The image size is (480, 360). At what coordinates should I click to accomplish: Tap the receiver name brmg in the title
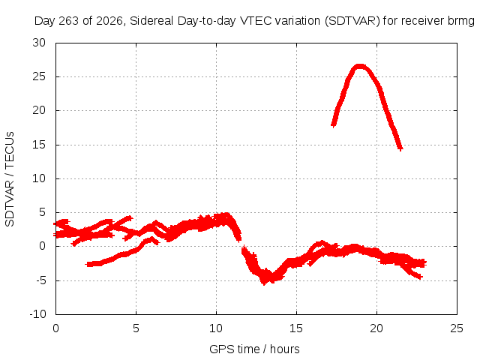point(461,22)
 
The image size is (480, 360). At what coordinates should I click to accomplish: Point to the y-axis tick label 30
point(39,43)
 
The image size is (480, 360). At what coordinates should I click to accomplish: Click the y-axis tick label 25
point(39,76)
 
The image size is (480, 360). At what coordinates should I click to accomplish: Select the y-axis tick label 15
point(39,145)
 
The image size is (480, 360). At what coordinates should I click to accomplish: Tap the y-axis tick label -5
point(40,280)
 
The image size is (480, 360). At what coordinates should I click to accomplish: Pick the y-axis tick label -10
point(37,314)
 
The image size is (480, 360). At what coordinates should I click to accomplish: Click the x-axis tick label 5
point(136,328)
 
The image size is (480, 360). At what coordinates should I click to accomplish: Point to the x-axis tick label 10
point(216,328)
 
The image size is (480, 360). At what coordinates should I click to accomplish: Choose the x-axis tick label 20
point(376,328)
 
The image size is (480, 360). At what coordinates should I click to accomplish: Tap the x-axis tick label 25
point(457,328)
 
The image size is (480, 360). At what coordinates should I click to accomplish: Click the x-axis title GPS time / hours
point(254,349)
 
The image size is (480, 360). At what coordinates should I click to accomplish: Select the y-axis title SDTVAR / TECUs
point(10,179)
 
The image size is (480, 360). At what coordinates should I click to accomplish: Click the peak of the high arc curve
point(360,66)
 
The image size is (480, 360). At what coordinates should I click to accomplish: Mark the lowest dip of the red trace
point(264,283)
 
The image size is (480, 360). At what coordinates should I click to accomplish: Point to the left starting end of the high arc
point(333,125)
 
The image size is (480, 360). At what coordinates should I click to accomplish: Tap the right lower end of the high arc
point(400,148)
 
